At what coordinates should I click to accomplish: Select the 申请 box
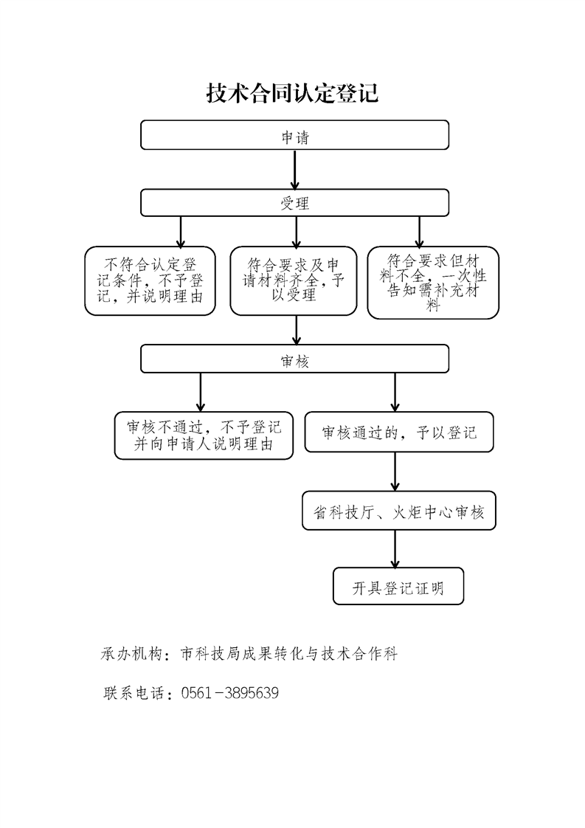pyautogui.click(x=294, y=135)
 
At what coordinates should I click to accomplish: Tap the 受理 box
pyautogui.click(x=294, y=203)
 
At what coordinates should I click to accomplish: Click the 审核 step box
pyautogui.click(x=294, y=360)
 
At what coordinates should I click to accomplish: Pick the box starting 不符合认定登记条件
pyautogui.click(x=150, y=280)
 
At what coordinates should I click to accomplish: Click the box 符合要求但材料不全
pyautogui.click(x=433, y=283)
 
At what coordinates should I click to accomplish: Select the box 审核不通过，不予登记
pyautogui.click(x=204, y=436)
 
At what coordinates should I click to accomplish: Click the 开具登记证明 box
pyautogui.click(x=398, y=587)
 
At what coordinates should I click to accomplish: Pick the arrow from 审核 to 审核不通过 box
pyautogui.click(x=200, y=392)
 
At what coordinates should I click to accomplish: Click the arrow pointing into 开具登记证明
pyautogui.click(x=395, y=549)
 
